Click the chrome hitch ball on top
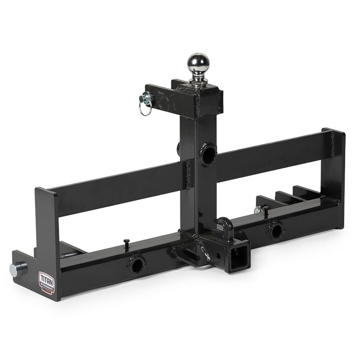pyautogui.click(x=198, y=63)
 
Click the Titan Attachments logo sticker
pyautogui.click(x=46, y=283)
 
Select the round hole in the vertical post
pyautogui.click(x=208, y=155)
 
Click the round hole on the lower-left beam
pyautogui.click(x=137, y=266)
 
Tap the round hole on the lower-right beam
pyautogui.click(x=276, y=231)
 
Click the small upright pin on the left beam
pyautogui.click(x=127, y=244)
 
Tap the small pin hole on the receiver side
pyautogui.click(x=218, y=256)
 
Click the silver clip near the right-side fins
pyautogui.click(x=258, y=210)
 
